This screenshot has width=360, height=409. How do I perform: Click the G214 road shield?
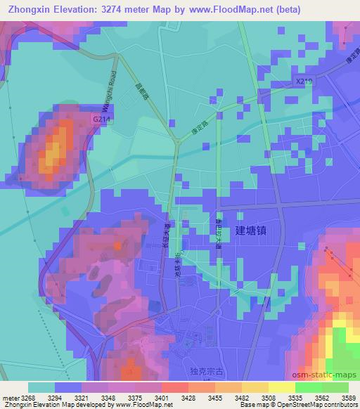pyautogui.click(x=101, y=120)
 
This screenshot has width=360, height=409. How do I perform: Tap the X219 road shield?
pyautogui.click(x=304, y=82)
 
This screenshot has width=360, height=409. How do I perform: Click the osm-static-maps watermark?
pyautogui.click(x=323, y=375)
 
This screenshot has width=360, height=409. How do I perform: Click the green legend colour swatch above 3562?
pyautogui.click(x=309, y=387)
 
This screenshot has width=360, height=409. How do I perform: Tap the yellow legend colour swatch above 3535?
pyautogui.click(x=282, y=387)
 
